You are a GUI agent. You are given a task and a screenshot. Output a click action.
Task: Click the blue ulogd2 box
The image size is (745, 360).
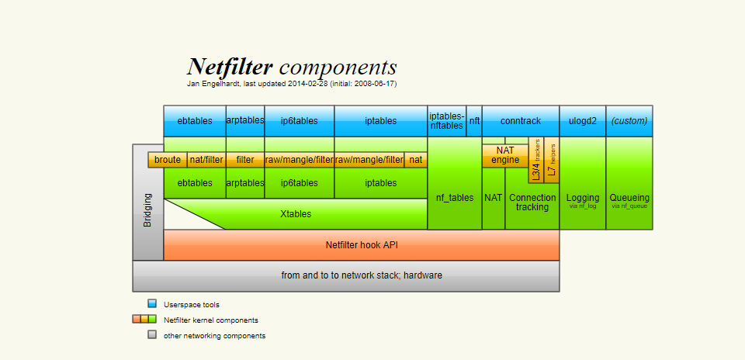pyautogui.click(x=582, y=121)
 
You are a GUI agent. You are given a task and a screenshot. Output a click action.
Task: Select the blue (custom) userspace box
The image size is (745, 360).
pyautogui.click(x=629, y=121)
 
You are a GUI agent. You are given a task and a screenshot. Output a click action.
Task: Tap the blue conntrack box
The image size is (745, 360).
pyautogui.click(x=520, y=121)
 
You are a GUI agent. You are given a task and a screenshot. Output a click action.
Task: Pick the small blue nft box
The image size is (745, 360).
pyautogui.click(x=474, y=121)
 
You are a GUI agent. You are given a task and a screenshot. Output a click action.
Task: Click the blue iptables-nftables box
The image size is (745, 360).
pyautogui.click(x=446, y=121)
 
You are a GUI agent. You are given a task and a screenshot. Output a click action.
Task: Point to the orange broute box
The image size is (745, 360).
pyautogui.click(x=168, y=160)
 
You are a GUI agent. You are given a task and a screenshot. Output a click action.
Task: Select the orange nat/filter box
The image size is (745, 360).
pyautogui.click(x=206, y=160)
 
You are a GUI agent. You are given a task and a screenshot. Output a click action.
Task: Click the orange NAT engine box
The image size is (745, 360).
pyautogui.click(x=505, y=155)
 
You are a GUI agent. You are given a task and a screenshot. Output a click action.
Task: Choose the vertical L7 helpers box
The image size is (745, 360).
pyautogui.click(x=552, y=161)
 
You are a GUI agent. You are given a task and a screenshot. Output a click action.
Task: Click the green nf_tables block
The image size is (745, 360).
pyautogui.click(x=454, y=198)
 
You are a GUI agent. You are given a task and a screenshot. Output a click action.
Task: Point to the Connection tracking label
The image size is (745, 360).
pyautogui.click(x=532, y=202)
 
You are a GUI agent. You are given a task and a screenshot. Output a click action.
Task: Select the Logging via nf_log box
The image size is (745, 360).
pyautogui.click(x=583, y=200)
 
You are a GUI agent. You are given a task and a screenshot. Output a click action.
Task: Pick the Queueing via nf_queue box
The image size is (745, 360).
pyautogui.click(x=629, y=200)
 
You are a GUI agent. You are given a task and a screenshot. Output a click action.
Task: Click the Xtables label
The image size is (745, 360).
pyautogui.click(x=296, y=213)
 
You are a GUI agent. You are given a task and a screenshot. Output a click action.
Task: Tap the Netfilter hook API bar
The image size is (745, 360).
pyautogui.click(x=361, y=245)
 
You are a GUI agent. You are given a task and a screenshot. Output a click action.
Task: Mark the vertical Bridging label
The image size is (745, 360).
pyautogui.click(x=148, y=209)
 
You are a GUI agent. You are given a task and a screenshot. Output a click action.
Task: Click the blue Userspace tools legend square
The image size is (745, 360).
pyautogui.click(x=152, y=304)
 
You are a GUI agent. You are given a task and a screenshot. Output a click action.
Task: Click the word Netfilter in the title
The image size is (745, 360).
pyautogui.click(x=230, y=67)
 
